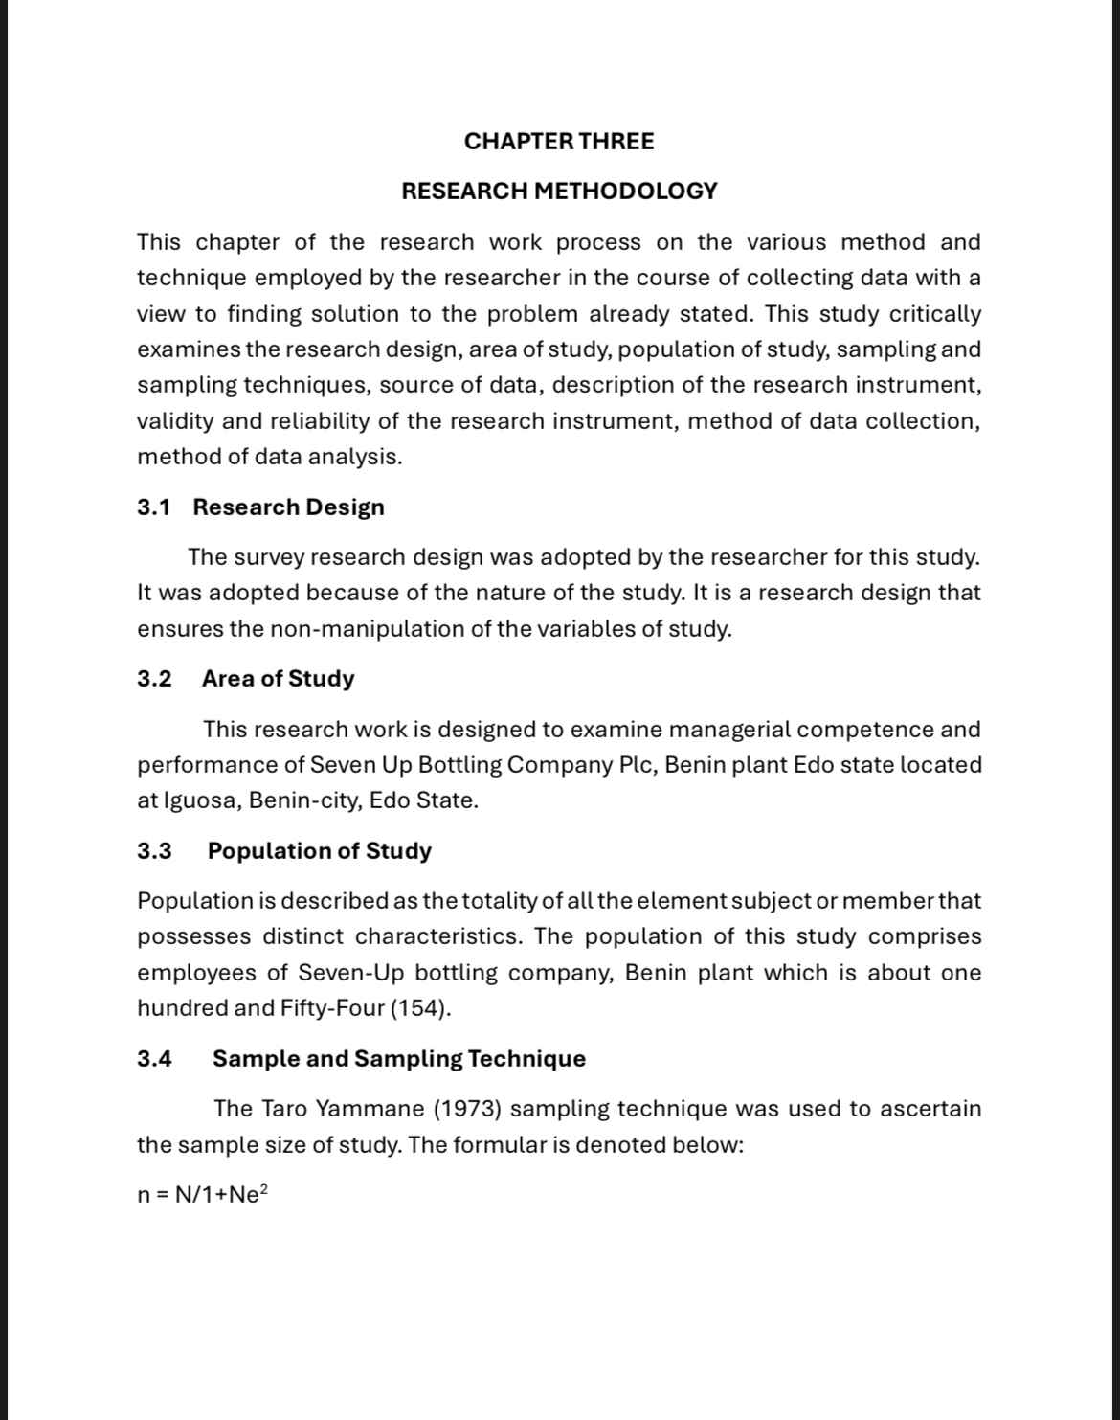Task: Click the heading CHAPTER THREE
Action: [x=559, y=142]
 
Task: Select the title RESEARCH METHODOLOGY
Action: [x=559, y=192]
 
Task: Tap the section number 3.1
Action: [x=153, y=507]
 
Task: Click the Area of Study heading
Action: [x=278, y=679]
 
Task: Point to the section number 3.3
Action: [x=154, y=851]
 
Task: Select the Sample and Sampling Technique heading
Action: [x=398, y=1059]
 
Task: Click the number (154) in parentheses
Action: [x=420, y=1008]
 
